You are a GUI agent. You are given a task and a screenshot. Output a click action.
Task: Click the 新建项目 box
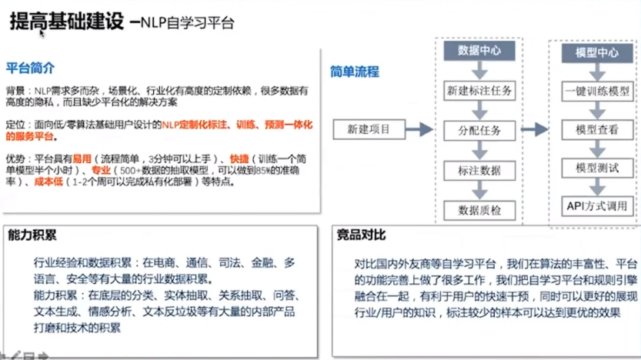click(x=369, y=128)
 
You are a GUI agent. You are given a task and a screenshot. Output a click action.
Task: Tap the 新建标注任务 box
click(x=479, y=91)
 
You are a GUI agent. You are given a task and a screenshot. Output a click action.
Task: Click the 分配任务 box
click(x=479, y=130)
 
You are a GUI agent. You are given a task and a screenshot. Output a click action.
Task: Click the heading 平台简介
click(x=30, y=68)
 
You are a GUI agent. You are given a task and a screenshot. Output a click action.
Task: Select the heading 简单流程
click(x=355, y=72)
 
